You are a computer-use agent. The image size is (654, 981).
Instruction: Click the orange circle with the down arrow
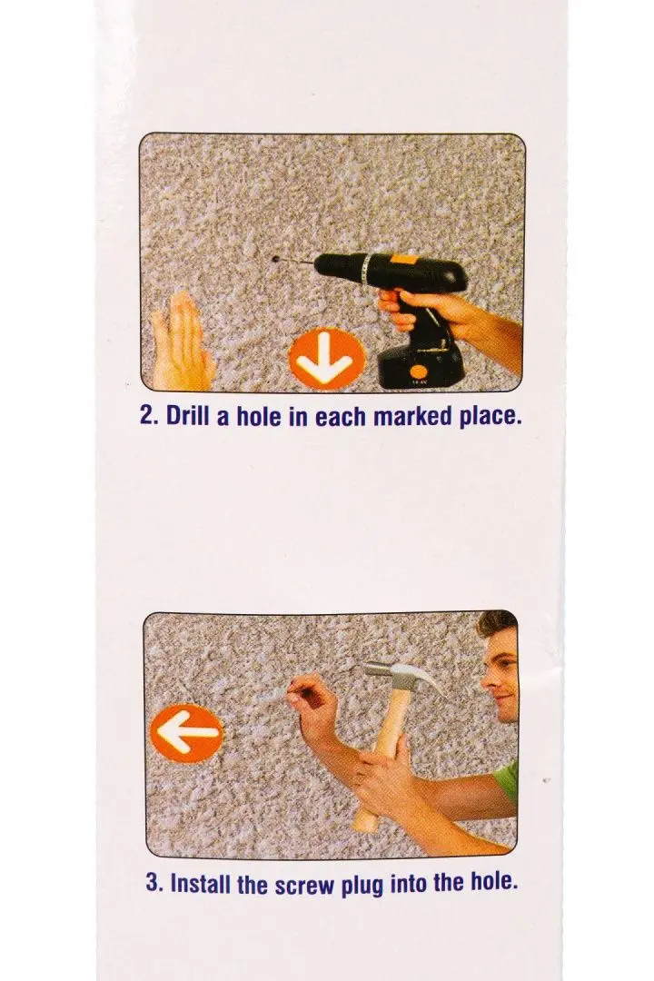point(326,358)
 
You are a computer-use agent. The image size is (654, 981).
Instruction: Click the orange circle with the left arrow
point(186,733)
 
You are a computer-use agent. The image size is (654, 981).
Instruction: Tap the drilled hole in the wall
point(276,258)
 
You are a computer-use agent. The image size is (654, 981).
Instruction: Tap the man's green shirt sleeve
point(508,781)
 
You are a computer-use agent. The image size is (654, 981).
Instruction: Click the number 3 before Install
point(153,884)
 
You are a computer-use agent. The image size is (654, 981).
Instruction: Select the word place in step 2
point(491,417)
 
